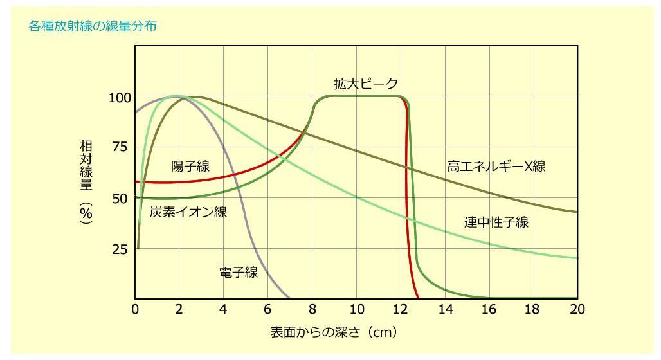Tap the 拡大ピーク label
[x=366, y=84]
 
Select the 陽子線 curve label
[x=190, y=166]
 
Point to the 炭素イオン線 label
[x=188, y=212]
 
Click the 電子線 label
[x=239, y=273]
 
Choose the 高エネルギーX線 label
[x=496, y=166]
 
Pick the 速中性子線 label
[x=496, y=222]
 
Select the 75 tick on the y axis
[x=120, y=148]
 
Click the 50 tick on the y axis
[x=120, y=199]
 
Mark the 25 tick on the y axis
[x=120, y=249]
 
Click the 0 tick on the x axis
[x=136, y=309]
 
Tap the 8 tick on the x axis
[x=312, y=309]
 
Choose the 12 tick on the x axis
[x=401, y=309]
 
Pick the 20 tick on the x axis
[x=577, y=309]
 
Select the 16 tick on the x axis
[x=489, y=309]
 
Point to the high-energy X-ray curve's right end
[x=577, y=212]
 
